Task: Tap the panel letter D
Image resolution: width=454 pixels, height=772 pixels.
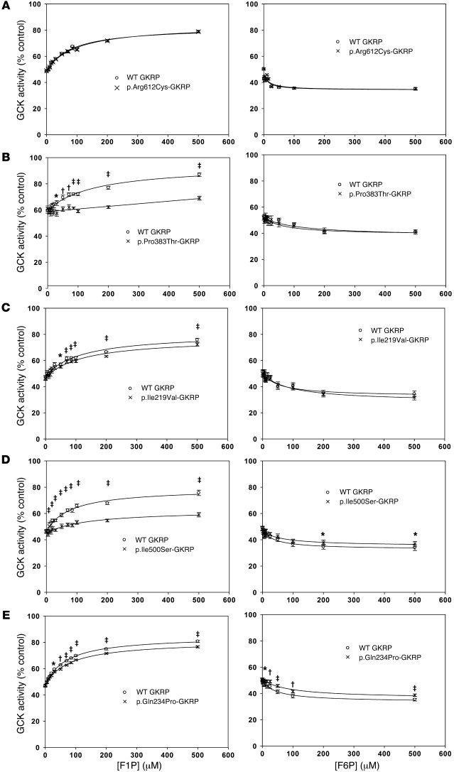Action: point(5,462)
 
